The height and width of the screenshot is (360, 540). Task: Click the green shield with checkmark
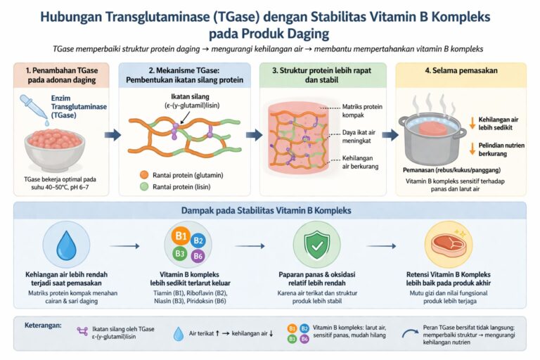(314, 243)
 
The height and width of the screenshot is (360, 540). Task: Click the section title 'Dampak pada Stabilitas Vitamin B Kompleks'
(270, 210)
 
